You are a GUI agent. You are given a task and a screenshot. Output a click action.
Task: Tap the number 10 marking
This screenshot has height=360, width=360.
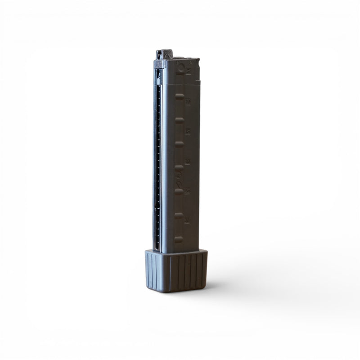(x=188, y=102)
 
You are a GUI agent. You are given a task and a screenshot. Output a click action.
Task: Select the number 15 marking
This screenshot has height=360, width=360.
(x=187, y=131)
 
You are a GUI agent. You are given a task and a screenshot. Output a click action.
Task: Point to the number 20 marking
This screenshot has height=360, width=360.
(x=187, y=161)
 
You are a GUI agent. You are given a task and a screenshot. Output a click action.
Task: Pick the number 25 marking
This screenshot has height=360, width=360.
(x=187, y=191)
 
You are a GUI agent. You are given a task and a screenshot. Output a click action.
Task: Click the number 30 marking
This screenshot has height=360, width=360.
(x=186, y=220)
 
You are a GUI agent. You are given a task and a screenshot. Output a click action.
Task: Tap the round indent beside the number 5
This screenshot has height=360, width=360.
(x=180, y=69)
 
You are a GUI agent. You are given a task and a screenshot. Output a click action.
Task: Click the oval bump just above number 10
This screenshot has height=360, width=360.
(x=180, y=96)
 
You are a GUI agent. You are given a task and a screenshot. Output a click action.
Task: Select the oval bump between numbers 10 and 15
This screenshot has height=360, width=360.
(x=179, y=120)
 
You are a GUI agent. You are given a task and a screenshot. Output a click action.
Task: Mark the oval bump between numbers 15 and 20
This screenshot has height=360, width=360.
(x=179, y=144)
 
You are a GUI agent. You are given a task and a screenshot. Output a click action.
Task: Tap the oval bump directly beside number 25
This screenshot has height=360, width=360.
(x=179, y=192)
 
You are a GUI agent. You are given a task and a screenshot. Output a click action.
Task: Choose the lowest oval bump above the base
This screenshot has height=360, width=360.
(x=179, y=239)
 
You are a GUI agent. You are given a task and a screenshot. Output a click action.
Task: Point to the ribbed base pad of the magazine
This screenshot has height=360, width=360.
(x=176, y=271)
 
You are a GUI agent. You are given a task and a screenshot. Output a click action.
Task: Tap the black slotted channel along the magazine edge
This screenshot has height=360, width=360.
(x=157, y=162)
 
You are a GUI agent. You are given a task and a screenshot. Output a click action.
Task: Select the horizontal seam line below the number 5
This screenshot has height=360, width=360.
(x=180, y=84)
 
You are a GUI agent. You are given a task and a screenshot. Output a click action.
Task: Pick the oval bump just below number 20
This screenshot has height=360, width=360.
(x=179, y=168)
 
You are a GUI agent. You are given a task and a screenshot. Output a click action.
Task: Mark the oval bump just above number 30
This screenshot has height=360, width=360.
(x=179, y=216)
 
